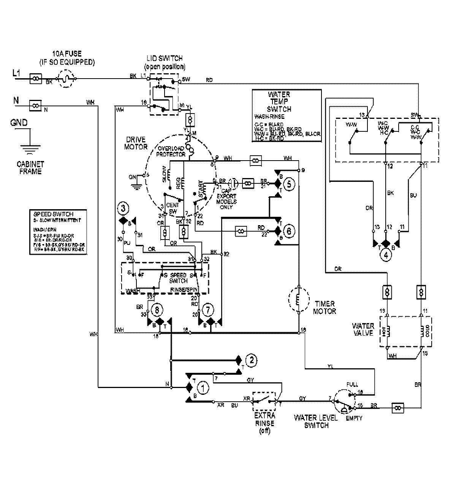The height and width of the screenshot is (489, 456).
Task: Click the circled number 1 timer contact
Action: pos(204,388)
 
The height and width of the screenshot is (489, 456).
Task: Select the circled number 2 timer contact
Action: pos(251,360)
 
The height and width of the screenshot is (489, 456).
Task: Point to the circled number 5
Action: pos(289,185)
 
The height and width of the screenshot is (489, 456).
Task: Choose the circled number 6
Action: pos(289,230)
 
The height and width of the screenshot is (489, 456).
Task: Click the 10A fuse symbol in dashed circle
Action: pos(66,79)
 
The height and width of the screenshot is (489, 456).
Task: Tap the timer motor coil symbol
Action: pos(299,299)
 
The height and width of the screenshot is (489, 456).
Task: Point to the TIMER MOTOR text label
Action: pos(325,308)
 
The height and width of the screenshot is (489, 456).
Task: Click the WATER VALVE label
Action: pos(363,330)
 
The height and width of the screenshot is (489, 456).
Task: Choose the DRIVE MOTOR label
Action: pos(135,143)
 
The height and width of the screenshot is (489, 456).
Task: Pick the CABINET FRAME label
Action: pos(30,168)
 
